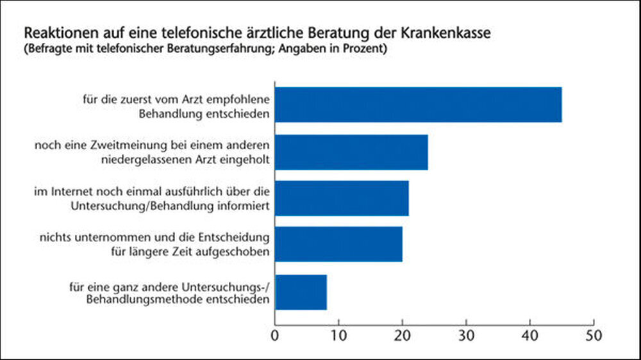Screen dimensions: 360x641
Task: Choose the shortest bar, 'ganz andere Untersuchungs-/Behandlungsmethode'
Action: click(x=301, y=292)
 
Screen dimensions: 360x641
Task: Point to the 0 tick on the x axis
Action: click(x=275, y=334)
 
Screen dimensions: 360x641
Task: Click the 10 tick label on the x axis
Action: click(x=338, y=334)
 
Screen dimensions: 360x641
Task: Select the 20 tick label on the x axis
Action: click(x=402, y=334)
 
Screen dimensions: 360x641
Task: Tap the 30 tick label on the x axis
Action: click(x=466, y=334)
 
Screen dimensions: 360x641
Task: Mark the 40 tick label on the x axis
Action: click(x=530, y=334)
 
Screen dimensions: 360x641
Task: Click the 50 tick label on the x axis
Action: click(x=594, y=334)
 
